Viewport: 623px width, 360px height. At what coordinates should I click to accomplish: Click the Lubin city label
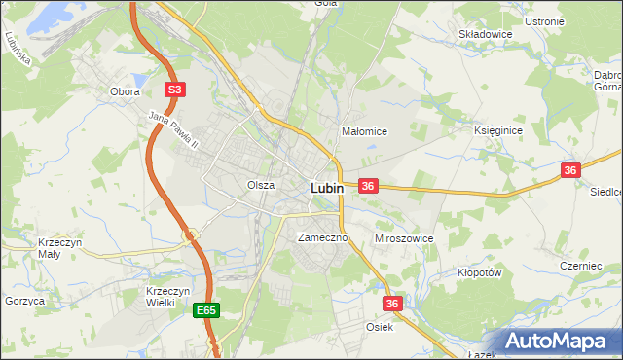point(326,188)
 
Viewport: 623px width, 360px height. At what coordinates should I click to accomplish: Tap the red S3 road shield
point(173,90)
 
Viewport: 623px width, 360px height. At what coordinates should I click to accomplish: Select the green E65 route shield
point(205,310)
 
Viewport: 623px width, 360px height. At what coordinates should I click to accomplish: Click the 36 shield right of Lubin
point(368,185)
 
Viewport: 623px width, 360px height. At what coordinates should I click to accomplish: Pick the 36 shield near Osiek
point(392,304)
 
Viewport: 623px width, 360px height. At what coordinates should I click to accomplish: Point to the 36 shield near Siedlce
point(570,170)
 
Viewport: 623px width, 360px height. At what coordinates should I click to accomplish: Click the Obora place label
point(126,91)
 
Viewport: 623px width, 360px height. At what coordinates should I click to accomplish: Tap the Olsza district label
point(260,184)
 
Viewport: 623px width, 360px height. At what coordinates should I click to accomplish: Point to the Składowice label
point(486,33)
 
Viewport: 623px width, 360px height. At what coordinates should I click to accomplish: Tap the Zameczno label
point(316,237)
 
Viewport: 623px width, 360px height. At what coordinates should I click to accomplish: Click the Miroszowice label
point(404,237)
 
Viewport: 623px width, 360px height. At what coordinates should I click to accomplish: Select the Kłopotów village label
point(479,273)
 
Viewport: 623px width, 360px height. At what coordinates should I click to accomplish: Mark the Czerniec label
point(582,266)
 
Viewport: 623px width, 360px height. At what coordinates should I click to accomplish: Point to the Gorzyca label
point(24,302)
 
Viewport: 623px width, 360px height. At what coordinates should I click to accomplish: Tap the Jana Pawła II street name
point(173,130)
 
